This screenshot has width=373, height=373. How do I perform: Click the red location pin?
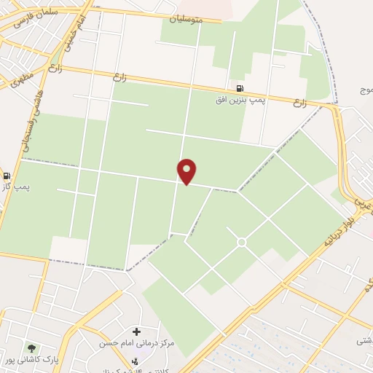[x=187, y=170]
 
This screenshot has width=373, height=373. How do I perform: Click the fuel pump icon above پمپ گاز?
[x=7, y=176]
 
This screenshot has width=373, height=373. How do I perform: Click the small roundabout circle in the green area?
[x=241, y=242]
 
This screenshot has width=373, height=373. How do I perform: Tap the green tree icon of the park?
[x=31, y=348]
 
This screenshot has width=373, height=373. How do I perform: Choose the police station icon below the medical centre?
[x=133, y=361]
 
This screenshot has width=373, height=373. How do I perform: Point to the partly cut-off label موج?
[x=366, y=90]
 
